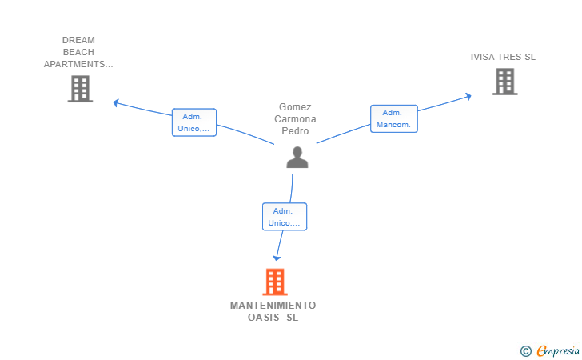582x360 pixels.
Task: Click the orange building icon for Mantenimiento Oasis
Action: click(275, 282)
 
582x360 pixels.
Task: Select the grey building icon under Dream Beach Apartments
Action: click(80, 89)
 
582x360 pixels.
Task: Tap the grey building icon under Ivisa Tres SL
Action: click(504, 82)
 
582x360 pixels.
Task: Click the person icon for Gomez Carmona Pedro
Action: click(297, 157)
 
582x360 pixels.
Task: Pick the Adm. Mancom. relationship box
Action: click(394, 118)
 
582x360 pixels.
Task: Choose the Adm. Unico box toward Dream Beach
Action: click(194, 122)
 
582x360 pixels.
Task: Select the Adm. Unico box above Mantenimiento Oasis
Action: click(285, 217)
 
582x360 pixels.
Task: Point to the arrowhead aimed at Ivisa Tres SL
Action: click(468, 97)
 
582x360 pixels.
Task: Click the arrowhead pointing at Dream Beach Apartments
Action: click(116, 102)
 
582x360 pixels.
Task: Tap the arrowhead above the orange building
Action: click(277, 258)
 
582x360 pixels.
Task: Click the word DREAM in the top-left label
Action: click(78, 40)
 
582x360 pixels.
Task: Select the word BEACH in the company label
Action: click(78, 52)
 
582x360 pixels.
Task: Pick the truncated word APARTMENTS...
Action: click(78, 64)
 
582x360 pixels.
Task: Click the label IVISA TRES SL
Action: click(503, 57)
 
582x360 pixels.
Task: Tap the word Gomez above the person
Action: click(295, 107)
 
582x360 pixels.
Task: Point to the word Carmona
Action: click(295, 119)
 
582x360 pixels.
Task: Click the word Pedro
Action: click(295, 130)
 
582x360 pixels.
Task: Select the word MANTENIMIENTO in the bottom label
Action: click(273, 306)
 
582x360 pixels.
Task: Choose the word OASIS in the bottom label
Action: click(264, 318)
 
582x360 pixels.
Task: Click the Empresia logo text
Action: click(558, 350)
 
